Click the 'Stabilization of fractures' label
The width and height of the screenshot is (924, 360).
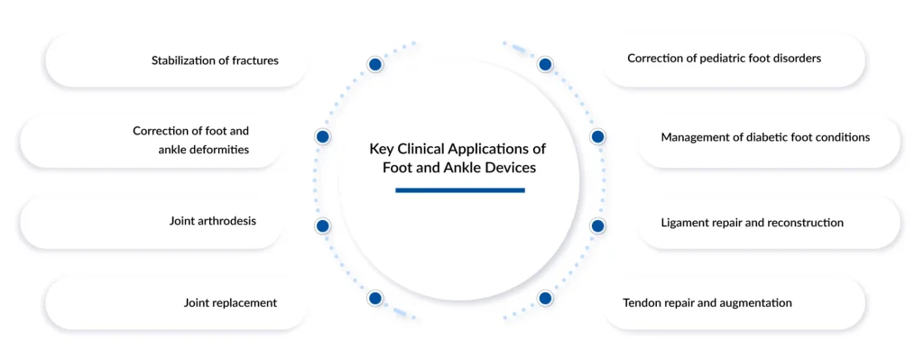pos(215,61)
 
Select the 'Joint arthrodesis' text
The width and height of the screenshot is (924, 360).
pos(213,221)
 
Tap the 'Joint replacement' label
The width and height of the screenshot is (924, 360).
pos(230,303)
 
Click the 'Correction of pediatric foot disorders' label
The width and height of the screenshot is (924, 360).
pos(724,59)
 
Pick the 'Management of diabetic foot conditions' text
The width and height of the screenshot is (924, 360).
pos(765,138)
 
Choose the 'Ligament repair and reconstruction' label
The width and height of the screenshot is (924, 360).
pos(752,223)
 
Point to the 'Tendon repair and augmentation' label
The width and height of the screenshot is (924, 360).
pos(707,303)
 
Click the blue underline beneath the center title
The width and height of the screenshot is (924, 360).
pos(459,190)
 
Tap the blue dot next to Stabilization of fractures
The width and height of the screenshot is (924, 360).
pos(374,65)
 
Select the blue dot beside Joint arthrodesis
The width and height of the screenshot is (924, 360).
pos(322,226)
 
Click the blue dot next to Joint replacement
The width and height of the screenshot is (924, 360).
pos(374,298)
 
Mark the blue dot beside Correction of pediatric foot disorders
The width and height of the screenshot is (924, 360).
pos(544,65)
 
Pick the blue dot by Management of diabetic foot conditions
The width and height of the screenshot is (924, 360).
pos(597,137)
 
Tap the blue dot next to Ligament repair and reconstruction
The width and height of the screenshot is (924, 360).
pos(597,226)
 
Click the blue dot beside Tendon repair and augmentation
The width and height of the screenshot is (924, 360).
pos(544,298)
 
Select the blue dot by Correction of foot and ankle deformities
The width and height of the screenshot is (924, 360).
pos(322,137)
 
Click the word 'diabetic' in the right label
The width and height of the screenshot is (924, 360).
pos(764,138)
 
